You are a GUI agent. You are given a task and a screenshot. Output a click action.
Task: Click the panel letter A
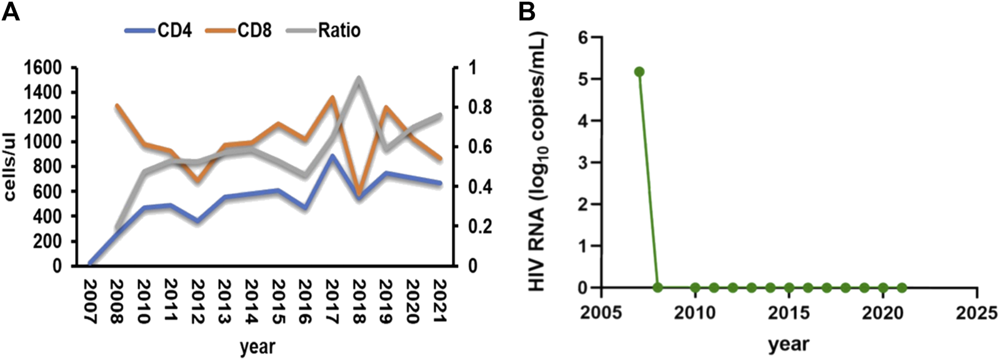[x=11, y=11]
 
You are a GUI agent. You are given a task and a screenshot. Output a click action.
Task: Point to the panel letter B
[x=526, y=11]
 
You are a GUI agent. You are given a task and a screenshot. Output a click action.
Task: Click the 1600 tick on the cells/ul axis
[x=44, y=67]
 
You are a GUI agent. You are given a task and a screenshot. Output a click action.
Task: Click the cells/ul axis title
[x=11, y=166]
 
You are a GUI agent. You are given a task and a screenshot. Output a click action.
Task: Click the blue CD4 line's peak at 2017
[x=332, y=156]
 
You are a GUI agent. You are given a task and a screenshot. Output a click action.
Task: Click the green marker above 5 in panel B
[x=639, y=72]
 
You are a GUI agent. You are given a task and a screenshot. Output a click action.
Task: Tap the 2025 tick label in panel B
[x=976, y=312]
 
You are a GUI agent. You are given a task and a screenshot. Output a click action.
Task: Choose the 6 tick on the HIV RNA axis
[x=584, y=37]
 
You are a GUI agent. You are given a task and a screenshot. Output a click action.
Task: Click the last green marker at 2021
[x=901, y=288]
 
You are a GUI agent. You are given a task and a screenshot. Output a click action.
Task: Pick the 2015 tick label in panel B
[x=788, y=312]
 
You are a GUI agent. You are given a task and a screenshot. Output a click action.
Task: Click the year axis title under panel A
[x=257, y=346]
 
